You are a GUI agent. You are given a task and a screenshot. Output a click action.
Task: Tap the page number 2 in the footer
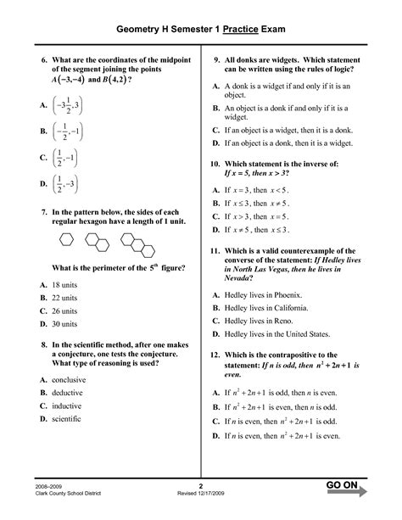click(x=201, y=485)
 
